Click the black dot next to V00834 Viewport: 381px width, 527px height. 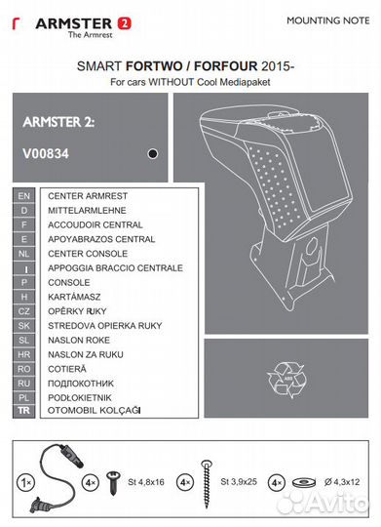151,153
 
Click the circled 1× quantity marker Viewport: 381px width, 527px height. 22,481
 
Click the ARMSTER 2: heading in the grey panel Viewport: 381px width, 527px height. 58,122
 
